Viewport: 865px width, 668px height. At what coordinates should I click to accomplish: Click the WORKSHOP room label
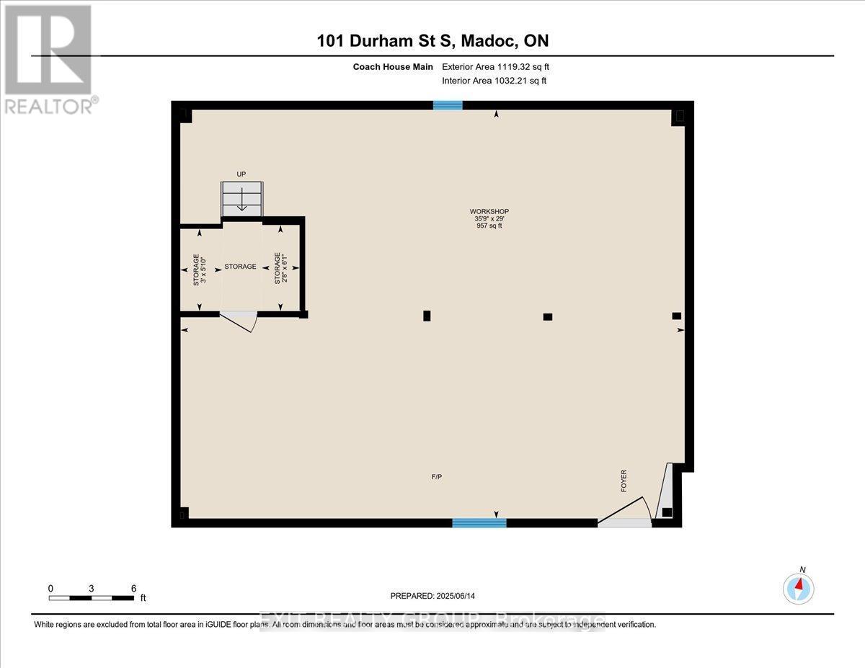pos(489,211)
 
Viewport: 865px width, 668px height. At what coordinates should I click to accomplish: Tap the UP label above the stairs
pos(241,174)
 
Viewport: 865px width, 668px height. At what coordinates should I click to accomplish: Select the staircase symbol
pos(241,198)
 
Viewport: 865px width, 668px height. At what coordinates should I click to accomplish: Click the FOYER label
pos(624,481)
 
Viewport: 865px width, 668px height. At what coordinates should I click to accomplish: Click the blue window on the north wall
pos(448,105)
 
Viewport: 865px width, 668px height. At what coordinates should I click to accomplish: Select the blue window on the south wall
pos(479,522)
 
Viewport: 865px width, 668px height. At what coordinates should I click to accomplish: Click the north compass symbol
pos(799,587)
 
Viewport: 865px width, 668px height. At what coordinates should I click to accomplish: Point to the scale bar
pos(92,597)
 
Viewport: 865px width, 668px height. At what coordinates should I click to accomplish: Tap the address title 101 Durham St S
pos(432,41)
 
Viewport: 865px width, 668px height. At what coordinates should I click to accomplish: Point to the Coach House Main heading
pos(393,67)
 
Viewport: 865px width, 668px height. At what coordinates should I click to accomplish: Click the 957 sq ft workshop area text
pos(489,226)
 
